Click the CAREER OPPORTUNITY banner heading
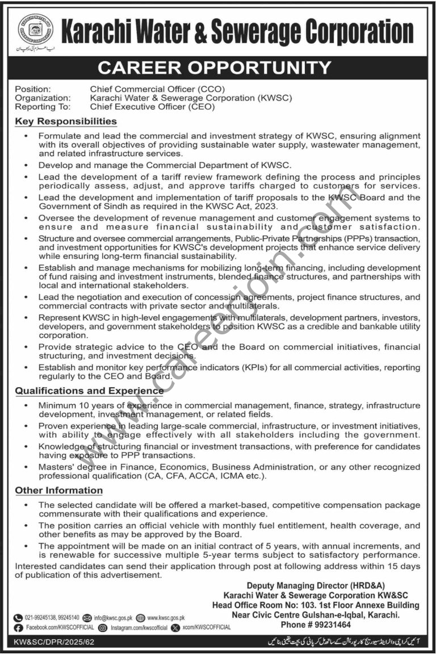pyautogui.click(x=214, y=68)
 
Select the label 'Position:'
pyautogui.click(x=32, y=89)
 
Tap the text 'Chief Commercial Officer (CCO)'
pyautogui.click(x=157, y=89)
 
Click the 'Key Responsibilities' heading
pyautogui.click(x=65, y=121)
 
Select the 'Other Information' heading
pyautogui.click(x=58, y=490)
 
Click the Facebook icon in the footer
pyautogui.click(x=19, y=628)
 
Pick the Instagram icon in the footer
pyautogui.click(x=103, y=628)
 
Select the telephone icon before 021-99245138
pyautogui.click(x=19, y=618)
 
